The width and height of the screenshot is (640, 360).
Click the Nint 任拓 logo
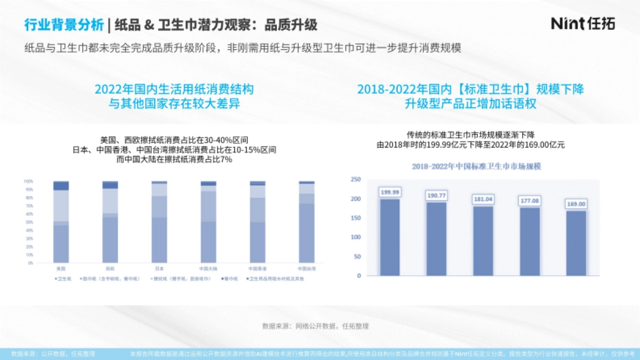point(582,23)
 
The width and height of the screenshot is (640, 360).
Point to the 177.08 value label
point(529,201)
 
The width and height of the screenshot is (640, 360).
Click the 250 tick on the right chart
point(356,180)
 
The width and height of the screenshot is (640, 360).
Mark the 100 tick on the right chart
point(356,237)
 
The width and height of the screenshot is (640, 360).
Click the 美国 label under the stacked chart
point(61,268)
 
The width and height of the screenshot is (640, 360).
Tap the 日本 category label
point(159,268)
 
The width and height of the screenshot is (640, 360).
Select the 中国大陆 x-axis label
point(209,268)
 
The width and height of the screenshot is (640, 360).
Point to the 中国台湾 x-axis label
point(306,268)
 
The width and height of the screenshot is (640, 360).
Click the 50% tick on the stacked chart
point(29,222)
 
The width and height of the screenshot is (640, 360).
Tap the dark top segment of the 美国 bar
point(61,186)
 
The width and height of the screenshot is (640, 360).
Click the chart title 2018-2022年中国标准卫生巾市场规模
point(476,166)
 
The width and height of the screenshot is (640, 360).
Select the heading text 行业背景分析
point(63,25)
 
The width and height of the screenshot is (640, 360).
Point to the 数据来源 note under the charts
point(315,326)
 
